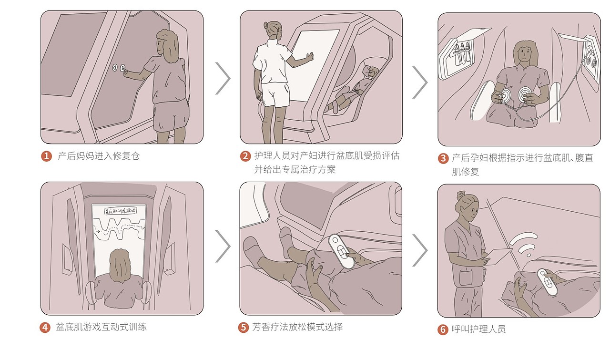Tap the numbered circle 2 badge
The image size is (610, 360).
[245, 156]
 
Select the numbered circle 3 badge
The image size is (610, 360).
[443, 158]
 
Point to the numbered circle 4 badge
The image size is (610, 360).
[46, 328]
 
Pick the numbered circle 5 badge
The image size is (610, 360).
[244, 327]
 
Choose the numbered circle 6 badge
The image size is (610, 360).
[443, 329]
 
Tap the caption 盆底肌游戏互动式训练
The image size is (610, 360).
[102, 327]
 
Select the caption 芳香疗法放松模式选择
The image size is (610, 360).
[297, 327]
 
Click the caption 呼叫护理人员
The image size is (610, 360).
[478, 329]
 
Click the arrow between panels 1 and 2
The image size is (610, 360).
[223, 78]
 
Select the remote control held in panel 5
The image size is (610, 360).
[341, 251]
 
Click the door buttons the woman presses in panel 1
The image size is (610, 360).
[119, 69]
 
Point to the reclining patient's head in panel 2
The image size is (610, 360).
[370, 72]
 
